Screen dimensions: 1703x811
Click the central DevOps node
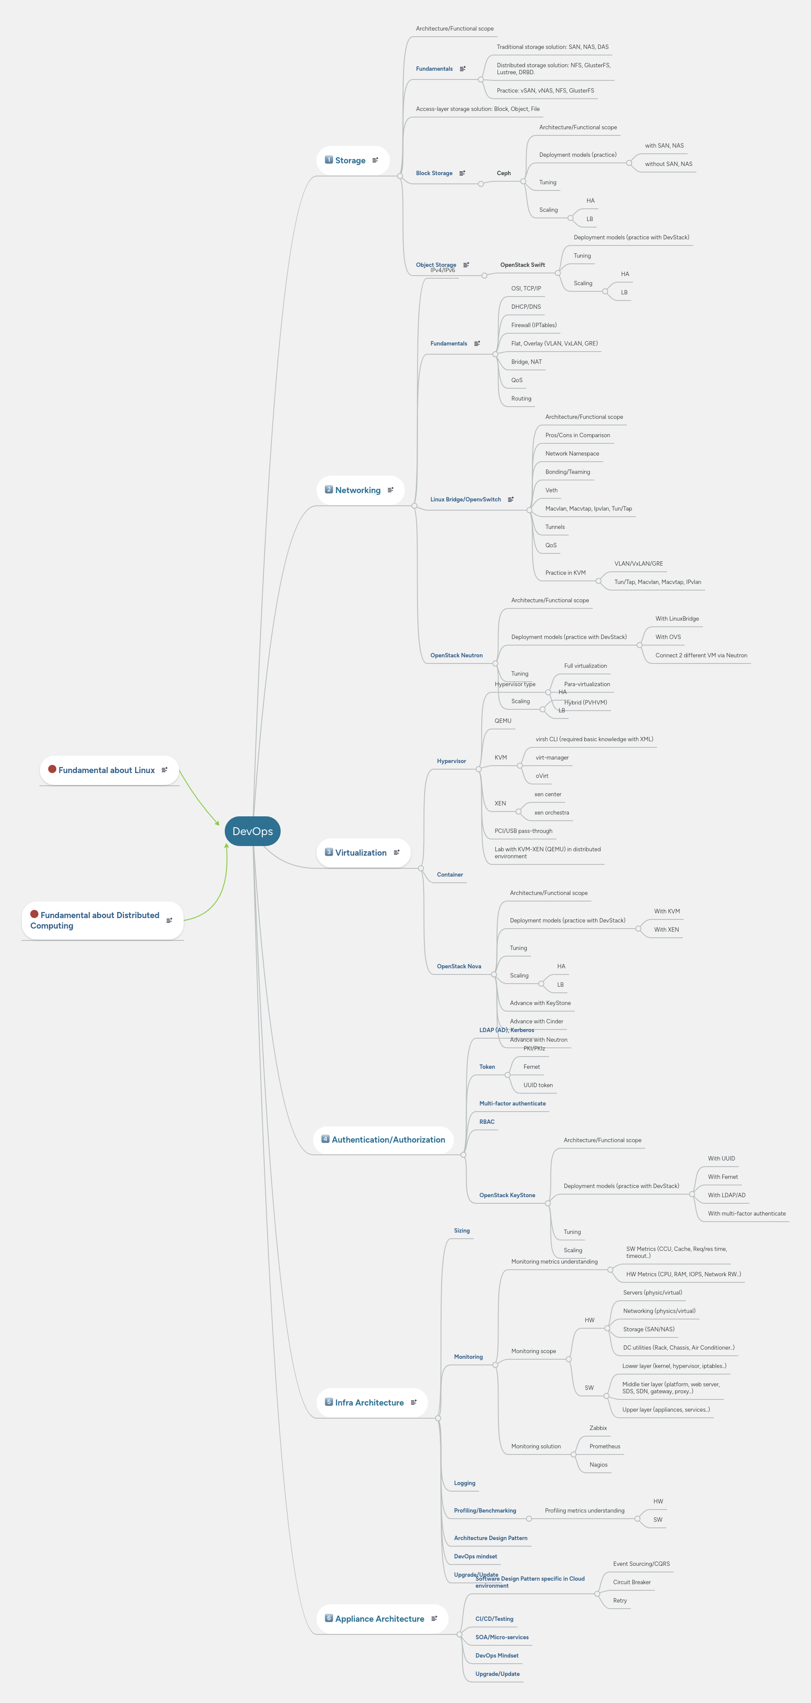pos(253,831)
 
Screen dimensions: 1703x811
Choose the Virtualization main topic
pos(361,853)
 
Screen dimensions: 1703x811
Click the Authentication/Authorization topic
pos(388,1140)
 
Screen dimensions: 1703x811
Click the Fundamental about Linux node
pos(107,770)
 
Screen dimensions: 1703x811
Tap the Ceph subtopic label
pos(503,173)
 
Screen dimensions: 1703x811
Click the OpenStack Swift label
pos(522,265)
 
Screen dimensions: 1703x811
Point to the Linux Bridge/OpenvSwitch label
pos(465,500)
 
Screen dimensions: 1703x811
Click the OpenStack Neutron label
pos(456,656)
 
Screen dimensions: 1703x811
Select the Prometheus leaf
pos(605,1447)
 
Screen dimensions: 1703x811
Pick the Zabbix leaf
pos(598,1428)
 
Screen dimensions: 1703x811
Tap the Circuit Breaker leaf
pos(632,1582)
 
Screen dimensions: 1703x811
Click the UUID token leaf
pos(538,1085)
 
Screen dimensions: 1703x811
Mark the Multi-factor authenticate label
pos(513,1103)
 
